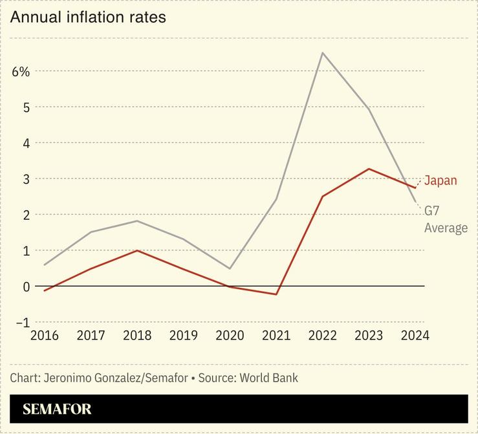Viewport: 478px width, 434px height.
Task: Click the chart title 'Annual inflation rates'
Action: tap(88, 17)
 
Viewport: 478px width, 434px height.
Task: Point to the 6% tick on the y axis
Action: tap(21, 71)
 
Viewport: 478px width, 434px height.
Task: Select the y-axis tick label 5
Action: tap(27, 107)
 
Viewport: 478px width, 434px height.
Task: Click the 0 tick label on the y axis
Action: tap(27, 286)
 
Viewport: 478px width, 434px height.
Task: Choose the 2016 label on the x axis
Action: tap(45, 335)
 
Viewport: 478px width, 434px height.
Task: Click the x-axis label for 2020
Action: tap(230, 335)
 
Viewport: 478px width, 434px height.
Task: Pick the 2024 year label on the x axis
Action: tap(415, 335)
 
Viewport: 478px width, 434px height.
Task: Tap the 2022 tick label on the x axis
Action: tap(322, 335)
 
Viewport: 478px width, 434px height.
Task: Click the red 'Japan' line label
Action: tap(440, 180)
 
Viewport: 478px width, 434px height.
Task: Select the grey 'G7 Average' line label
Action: tap(445, 219)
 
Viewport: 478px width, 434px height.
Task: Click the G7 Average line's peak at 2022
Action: tap(322, 52)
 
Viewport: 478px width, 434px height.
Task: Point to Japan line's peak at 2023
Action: tap(369, 169)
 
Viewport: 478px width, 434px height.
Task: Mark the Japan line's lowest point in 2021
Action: tap(276, 294)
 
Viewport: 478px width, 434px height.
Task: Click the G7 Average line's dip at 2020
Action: tap(230, 268)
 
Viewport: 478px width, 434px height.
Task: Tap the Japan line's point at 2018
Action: tap(137, 250)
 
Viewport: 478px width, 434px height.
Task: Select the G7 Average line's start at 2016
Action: tap(45, 265)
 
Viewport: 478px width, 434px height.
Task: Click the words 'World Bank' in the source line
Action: tap(268, 378)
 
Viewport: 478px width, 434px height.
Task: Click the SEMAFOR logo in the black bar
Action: tap(57, 409)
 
